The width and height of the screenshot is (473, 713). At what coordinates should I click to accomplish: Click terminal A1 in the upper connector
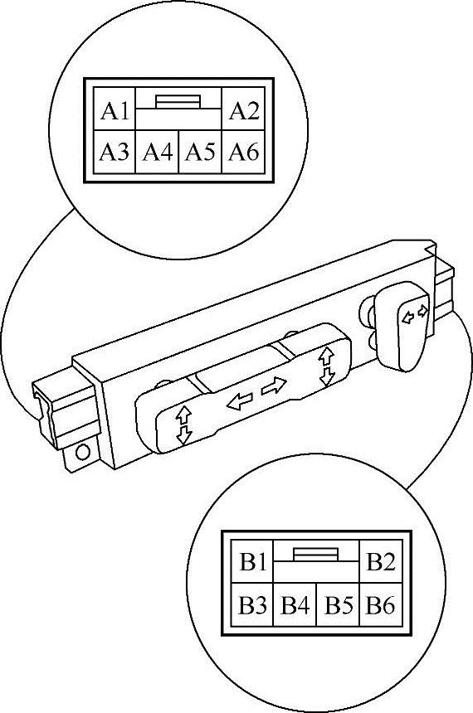(x=115, y=110)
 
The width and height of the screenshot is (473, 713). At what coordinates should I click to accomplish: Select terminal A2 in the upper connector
(x=244, y=110)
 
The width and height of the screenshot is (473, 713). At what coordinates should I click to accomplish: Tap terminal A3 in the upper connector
(x=115, y=152)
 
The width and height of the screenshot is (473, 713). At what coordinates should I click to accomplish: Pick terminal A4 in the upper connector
(x=158, y=152)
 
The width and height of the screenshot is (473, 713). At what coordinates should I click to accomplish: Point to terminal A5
(x=200, y=152)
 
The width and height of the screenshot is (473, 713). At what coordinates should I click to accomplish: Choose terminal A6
(x=244, y=152)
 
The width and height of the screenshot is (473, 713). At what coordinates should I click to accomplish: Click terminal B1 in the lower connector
(x=252, y=561)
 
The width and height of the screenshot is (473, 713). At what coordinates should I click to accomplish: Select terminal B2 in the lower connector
(x=381, y=561)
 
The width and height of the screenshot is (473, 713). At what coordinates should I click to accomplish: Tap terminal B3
(x=252, y=604)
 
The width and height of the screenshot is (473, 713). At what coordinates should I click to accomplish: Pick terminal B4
(x=295, y=604)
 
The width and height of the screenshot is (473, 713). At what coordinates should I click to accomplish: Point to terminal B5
(x=339, y=604)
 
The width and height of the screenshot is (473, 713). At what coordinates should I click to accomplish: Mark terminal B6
(x=381, y=604)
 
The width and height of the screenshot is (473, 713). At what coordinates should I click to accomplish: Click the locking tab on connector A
(x=178, y=101)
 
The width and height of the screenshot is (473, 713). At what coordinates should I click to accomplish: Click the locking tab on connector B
(x=315, y=555)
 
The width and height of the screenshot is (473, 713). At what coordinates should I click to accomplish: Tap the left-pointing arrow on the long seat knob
(x=240, y=401)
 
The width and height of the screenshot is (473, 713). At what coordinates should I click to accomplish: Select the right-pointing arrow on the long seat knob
(x=274, y=386)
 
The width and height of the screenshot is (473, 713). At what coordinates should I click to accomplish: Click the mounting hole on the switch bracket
(x=82, y=452)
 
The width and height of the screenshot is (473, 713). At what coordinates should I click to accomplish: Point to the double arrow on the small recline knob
(x=415, y=314)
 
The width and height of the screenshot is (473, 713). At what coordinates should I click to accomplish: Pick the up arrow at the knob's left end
(x=183, y=415)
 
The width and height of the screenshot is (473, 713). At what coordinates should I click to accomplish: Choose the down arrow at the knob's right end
(x=327, y=377)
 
